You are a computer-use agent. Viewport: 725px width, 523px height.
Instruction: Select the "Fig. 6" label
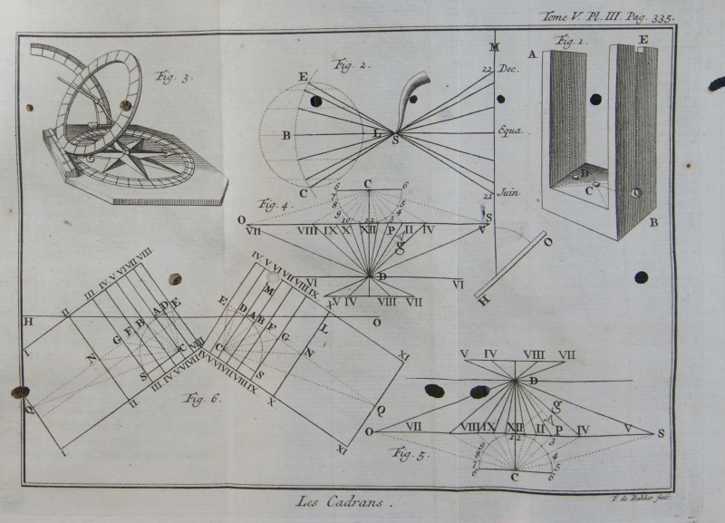pos(204,398)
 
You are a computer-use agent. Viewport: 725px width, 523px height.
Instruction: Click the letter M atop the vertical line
pos(495,47)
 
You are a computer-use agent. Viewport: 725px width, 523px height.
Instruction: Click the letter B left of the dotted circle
pos(286,136)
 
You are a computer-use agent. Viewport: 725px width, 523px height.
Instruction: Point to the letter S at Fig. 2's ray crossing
pos(395,140)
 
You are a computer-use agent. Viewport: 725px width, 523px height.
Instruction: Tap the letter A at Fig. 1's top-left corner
pos(533,53)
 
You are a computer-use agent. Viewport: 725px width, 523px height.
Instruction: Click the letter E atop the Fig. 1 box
pos(643,40)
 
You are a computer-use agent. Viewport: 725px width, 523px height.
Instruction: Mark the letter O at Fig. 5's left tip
pos(370,431)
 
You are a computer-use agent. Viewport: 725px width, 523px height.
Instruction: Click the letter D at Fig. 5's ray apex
pos(533,382)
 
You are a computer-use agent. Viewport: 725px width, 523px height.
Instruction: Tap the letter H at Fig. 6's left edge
pos(28,322)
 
